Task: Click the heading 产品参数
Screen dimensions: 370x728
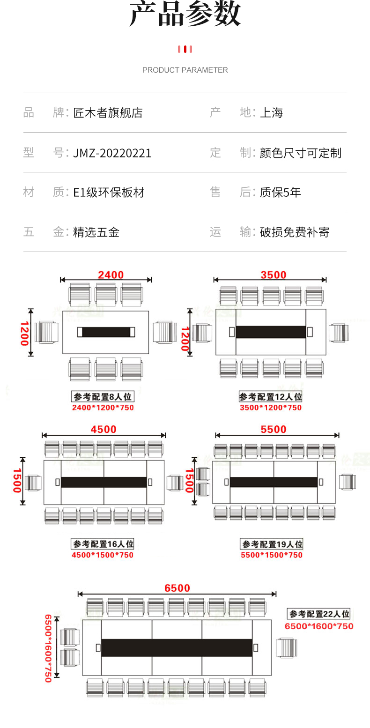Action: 185,14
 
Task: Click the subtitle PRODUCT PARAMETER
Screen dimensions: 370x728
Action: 185,70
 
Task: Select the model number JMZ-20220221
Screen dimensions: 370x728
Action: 112,153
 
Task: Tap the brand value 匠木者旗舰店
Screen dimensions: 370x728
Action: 108,113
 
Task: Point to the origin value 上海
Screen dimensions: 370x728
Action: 271,113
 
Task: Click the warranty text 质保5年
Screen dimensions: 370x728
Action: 280,193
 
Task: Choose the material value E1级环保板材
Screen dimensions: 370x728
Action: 109,193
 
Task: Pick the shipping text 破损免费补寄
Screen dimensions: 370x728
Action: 295,232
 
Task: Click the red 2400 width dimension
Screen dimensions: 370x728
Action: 111,275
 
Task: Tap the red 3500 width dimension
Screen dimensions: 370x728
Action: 273,275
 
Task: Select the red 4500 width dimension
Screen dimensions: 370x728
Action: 104,430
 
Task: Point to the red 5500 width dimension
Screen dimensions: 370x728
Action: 273,430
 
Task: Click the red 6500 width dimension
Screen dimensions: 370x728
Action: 177,588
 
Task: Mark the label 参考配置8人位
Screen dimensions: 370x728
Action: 103,397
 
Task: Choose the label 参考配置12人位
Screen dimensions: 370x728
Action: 271,397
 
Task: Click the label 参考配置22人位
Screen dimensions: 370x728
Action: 319,614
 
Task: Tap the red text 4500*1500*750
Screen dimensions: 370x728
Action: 103,555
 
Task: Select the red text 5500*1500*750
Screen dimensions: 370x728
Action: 272,555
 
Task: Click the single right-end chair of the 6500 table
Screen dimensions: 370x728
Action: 285,648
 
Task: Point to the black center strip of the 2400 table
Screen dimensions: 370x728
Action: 106,332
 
